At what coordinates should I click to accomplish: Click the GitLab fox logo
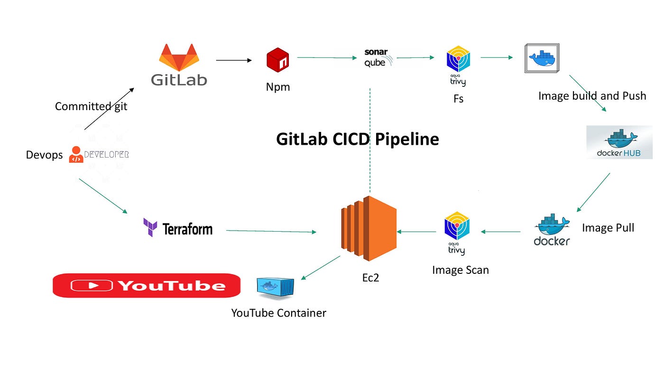pyautogui.click(x=179, y=57)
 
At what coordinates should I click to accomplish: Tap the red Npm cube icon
pyautogui.click(x=278, y=60)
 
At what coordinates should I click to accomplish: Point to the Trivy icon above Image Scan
pyautogui.click(x=457, y=233)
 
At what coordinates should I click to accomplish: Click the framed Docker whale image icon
pyautogui.click(x=542, y=58)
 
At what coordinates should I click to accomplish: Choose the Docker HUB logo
pyautogui.click(x=619, y=142)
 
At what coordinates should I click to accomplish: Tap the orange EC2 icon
pyautogui.click(x=369, y=228)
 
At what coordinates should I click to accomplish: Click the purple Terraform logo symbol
pyautogui.click(x=150, y=227)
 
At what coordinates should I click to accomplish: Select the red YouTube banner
pyautogui.click(x=147, y=285)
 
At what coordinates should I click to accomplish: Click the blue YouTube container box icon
pyautogui.click(x=276, y=288)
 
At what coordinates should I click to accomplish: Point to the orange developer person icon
pyautogui.click(x=76, y=154)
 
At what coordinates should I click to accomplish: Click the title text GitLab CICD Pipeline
pyautogui.click(x=358, y=139)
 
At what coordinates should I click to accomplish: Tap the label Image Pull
pyautogui.click(x=608, y=228)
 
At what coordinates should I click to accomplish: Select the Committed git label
pyautogui.click(x=91, y=106)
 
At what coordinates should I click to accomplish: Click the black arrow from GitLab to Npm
pyautogui.click(x=234, y=60)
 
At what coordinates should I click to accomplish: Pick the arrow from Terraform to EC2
pyautogui.click(x=271, y=231)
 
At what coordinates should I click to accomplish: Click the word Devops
pyautogui.click(x=44, y=155)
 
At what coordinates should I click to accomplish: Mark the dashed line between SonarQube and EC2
pyautogui.click(x=370, y=140)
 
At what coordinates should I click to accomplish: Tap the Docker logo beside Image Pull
pyautogui.click(x=552, y=230)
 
